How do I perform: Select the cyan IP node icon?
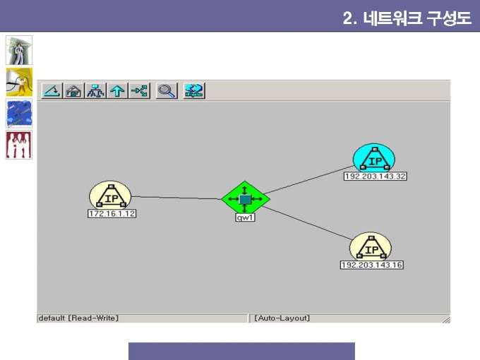tap(374, 158)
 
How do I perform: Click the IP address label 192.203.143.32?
tap(376, 176)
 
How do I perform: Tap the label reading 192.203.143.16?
tap(371, 265)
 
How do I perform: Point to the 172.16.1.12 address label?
tap(112, 213)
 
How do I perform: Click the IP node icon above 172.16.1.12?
tap(110, 196)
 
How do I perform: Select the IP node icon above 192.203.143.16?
tap(371, 247)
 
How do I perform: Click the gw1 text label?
tap(245, 217)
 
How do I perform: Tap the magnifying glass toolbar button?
tap(167, 90)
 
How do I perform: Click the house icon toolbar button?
tap(73, 90)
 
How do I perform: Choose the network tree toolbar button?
tap(95, 90)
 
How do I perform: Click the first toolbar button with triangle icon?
tap(52, 90)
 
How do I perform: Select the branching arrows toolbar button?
tap(139, 90)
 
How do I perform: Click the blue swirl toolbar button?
tap(194, 90)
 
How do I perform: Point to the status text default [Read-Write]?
tap(78, 318)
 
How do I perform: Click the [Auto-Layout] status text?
tap(282, 318)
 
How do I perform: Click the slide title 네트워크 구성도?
tap(417, 18)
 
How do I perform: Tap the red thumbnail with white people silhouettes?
tap(18, 145)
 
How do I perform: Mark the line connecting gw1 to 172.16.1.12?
tap(176, 198)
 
